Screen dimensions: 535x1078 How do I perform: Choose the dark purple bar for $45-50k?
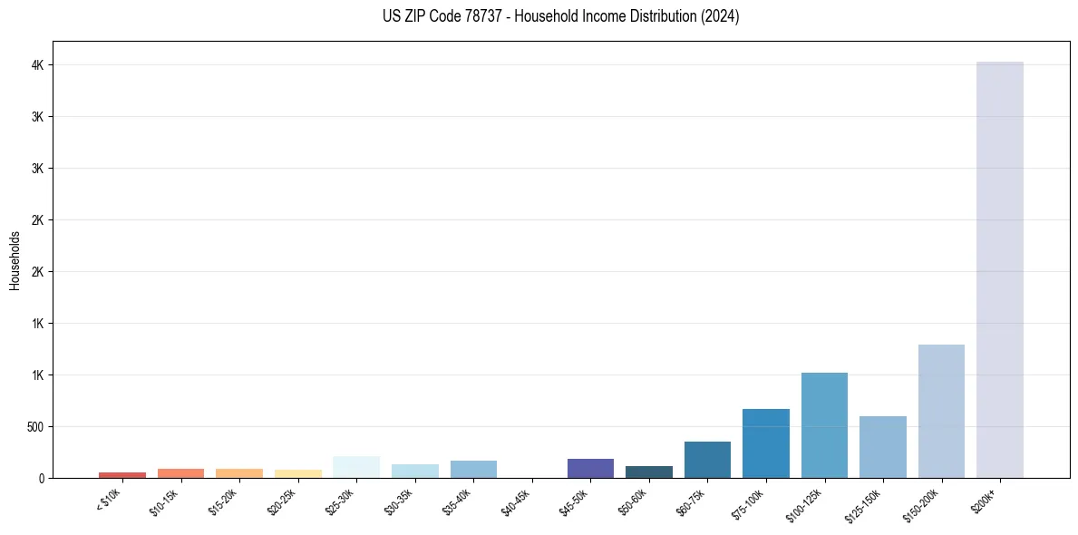click(590, 468)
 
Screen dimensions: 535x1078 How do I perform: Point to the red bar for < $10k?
click(122, 474)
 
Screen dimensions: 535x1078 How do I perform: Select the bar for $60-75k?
click(707, 459)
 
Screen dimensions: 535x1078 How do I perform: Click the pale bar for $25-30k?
click(356, 466)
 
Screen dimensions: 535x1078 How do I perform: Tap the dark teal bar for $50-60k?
click(649, 472)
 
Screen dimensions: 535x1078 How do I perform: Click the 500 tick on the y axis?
click(35, 426)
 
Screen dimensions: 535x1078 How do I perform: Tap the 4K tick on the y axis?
click(39, 65)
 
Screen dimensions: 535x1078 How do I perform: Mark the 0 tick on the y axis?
click(42, 478)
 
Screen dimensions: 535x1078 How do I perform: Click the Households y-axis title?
click(15, 260)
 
